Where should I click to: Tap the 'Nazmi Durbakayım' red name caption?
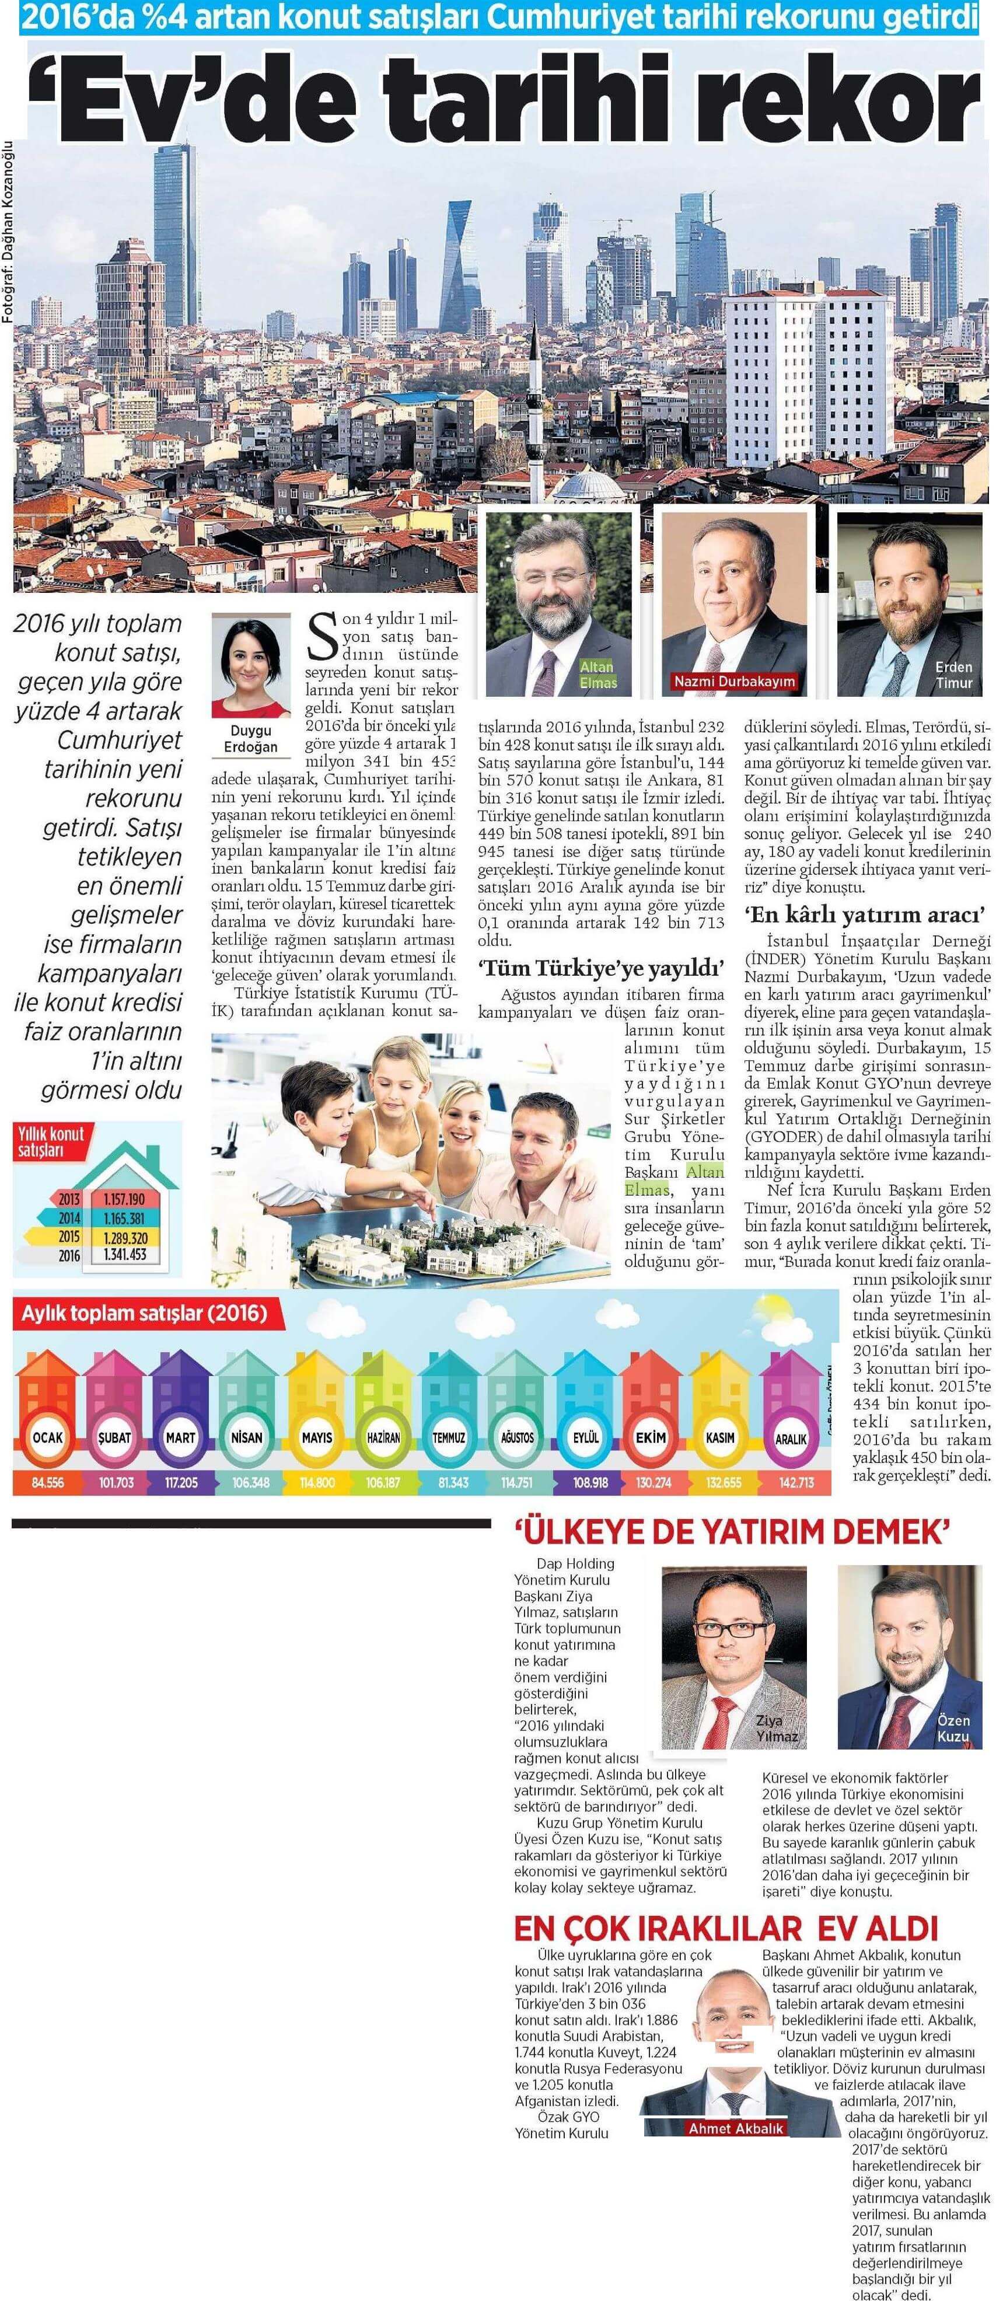[x=733, y=682]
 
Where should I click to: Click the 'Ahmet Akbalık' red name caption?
[x=735, y=2129]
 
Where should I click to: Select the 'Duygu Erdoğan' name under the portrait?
[x=250, y=739]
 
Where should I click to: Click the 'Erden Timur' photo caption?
[x=953, y=675]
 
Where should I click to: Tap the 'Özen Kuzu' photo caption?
[x=953, y=1729]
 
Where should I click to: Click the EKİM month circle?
[x=651, y=1437]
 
